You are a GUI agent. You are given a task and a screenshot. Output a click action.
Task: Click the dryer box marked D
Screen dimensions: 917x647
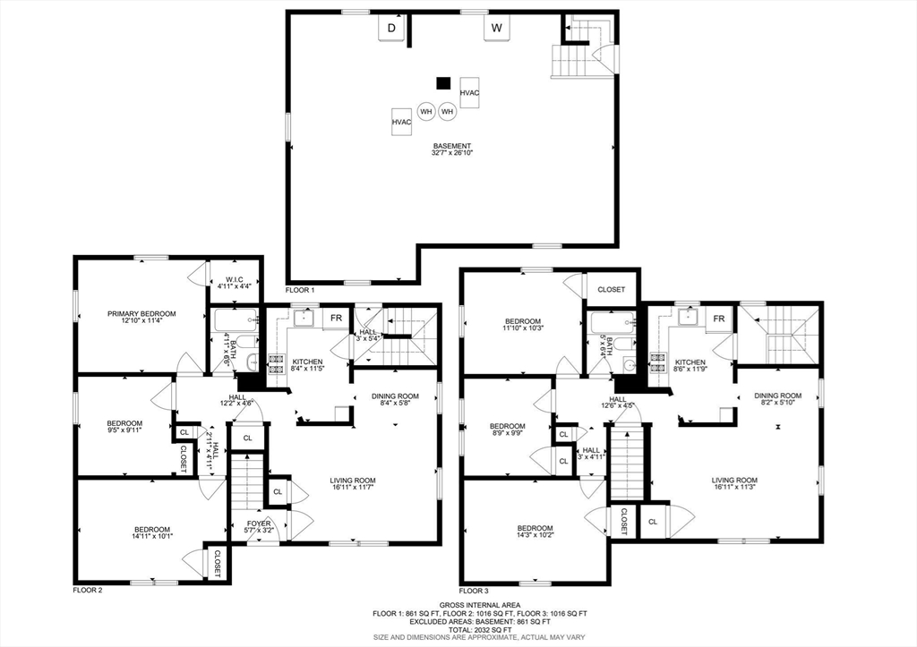(x=392, y=28)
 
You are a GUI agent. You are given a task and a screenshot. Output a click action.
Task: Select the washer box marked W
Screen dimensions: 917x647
(x=497, y=28)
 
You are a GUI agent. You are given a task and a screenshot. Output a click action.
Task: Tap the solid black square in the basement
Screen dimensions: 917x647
(x=444, y=83)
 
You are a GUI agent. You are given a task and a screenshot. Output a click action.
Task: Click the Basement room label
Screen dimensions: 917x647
(x=452, y=149)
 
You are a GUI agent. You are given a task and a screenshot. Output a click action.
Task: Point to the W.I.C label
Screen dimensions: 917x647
(x=230, y=283)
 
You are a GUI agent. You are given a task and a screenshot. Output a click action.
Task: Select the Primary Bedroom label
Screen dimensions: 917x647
(x=141, y=317)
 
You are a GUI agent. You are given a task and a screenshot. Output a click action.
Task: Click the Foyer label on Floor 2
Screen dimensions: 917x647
(x=259, y=527)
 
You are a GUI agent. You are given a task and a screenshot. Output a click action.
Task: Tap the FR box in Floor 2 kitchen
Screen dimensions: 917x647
(x=337, y=319)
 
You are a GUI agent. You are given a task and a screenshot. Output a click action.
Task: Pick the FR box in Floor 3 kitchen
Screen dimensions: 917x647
(x=719, y=319)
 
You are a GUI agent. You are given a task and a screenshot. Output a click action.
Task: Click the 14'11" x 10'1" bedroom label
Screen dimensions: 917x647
(x=153, y=532)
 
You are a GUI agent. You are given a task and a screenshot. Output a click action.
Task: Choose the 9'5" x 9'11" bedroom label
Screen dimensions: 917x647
(x=124, y=427)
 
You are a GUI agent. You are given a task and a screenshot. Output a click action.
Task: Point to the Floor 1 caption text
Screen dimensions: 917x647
(x=300, y=291)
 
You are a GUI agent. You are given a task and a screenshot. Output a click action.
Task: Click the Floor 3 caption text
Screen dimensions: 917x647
(x=473, y=591)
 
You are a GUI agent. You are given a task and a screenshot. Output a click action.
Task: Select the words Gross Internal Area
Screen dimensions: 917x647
(x=480, y=606)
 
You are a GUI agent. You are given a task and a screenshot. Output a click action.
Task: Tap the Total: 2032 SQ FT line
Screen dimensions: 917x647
(x=480, y=630)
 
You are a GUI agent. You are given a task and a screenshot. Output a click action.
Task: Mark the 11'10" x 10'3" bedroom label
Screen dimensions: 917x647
(x=523, y=324)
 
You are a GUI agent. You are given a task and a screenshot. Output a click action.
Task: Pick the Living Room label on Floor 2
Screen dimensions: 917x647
(x=353, y=484)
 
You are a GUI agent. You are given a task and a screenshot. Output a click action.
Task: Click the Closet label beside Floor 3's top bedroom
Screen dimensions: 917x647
(x=611, y=289)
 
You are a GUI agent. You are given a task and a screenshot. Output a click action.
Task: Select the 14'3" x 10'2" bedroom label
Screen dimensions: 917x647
(x=536, y=532)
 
